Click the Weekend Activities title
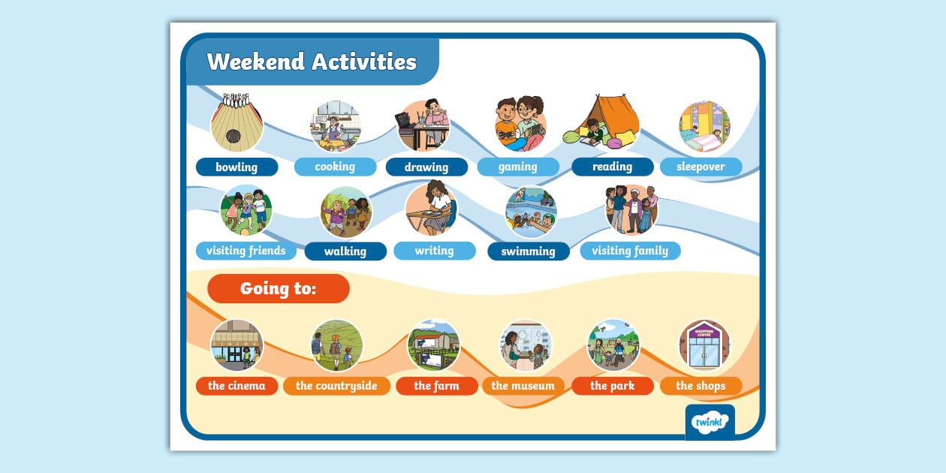pyautogui.click(x=311, y=62)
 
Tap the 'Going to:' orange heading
pyautogui.click(x=278, y=288)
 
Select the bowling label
pyautogui.click(x=236, y=167)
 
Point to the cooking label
pyautogui.click(x=335, y=167)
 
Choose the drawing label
pyautogui.click(x=426, y=167)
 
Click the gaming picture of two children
pyautogui.click(x=520, y=124)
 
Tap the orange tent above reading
pyautogui.click(x=610, y=120)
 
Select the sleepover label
pyautogui.click(x=700, y=167)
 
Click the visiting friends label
pyautogui.click(x=246, y=251)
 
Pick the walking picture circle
pyautogui.click(x=345, y=212)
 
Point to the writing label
pyautogui.click(x=434, y=251)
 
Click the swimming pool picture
pyautogui.click(x=530, y=212)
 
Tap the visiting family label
pyautogui.click(x=629, y=251)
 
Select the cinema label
pyautogui.click(x=236, y=386)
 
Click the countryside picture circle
pyautogui.click(x=336, y=345)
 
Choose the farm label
pyautogui.click(x=436, y=386)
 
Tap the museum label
pyautogui.click(x=523, y=386)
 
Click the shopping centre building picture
pyautogui.click(x=704, y=345)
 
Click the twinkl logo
pyautogui.click(x=709, y=422)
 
